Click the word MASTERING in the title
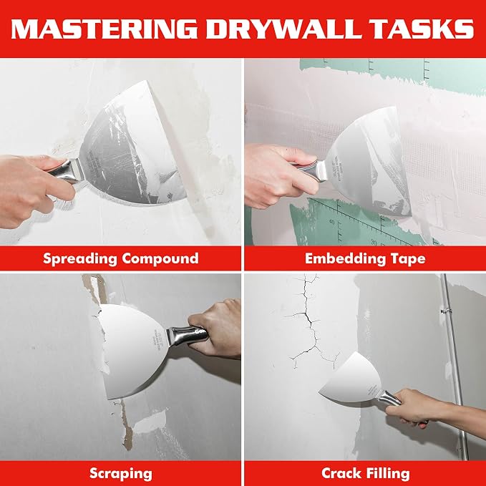point(105,29)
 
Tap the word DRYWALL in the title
point(285,29)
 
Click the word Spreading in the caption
point(79,259)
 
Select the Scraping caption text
point(121,474)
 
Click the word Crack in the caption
point(340,473)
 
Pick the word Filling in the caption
point(388,474)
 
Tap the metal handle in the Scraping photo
point(185,336)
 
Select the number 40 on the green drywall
point(332,222)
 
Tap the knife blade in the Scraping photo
point(133,350)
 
